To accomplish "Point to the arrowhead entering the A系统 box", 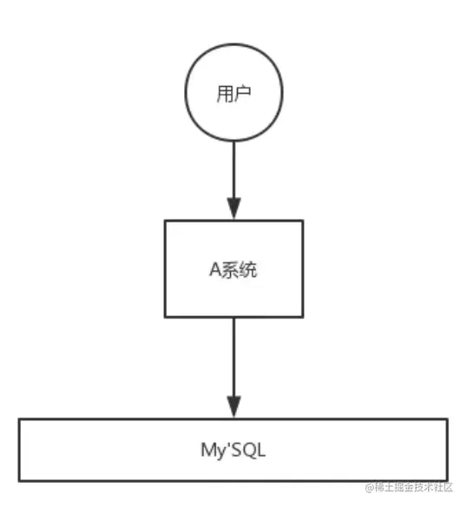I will pyautogui.click(x=233, y=208).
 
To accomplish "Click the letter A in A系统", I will pyautogui.click(x=212, y=269).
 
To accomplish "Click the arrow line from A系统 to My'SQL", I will pyautogui.click(x=233, y=356).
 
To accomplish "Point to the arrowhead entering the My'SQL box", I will pyautogui.click(x=233, y=407).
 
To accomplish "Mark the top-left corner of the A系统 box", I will pyautogui.click(x=165, y=221).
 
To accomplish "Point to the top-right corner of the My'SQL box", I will pyautogui.click(x=448, y=419).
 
